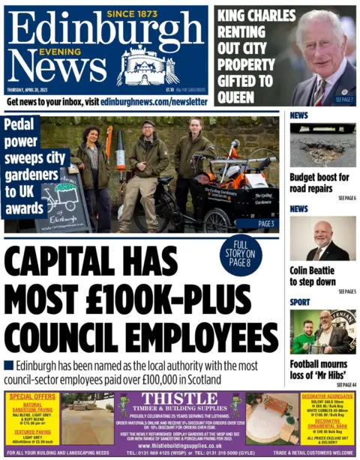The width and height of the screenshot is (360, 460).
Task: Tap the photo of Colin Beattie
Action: (322, 239)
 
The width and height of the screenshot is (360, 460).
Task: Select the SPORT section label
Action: (299, 302)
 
